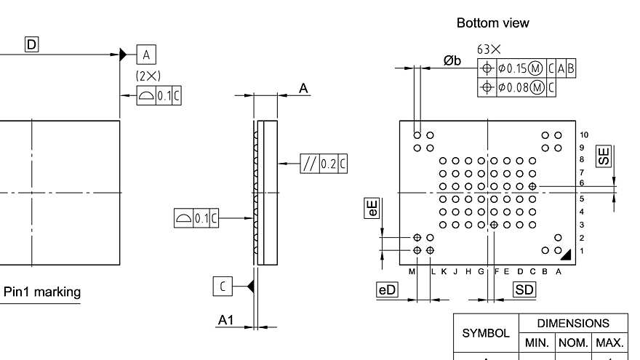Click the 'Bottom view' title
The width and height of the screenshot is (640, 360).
[x=492, y=23]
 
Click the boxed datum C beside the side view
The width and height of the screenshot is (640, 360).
[x=223, y=286]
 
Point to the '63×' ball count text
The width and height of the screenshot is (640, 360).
[x=489, y=49]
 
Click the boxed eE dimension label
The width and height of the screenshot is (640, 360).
[x=372, y=209]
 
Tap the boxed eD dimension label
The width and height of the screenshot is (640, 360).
[x=387, y=289]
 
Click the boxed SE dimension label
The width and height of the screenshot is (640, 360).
[x=603, y=155]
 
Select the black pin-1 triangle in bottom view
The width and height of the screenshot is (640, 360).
[x=566, y=252]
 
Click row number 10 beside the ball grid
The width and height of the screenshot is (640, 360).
[x=585, y=135]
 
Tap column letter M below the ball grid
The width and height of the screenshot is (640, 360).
[x=412, y=271]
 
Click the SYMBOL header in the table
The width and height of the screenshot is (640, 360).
[x=486, y=333]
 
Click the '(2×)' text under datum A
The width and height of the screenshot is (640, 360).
[x=148, y=76]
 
